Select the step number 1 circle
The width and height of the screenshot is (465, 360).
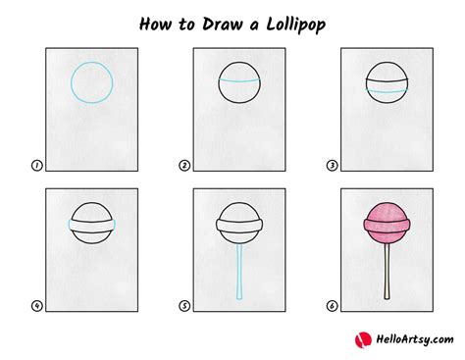coord(37,166)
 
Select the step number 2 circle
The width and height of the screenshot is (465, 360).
coord(184,166)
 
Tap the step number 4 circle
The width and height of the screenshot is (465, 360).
coord(37,305)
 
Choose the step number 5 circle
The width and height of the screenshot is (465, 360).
coord(184,305)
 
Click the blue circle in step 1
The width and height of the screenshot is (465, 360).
coord(89,82)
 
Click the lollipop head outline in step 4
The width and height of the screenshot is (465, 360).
coord(89,222)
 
